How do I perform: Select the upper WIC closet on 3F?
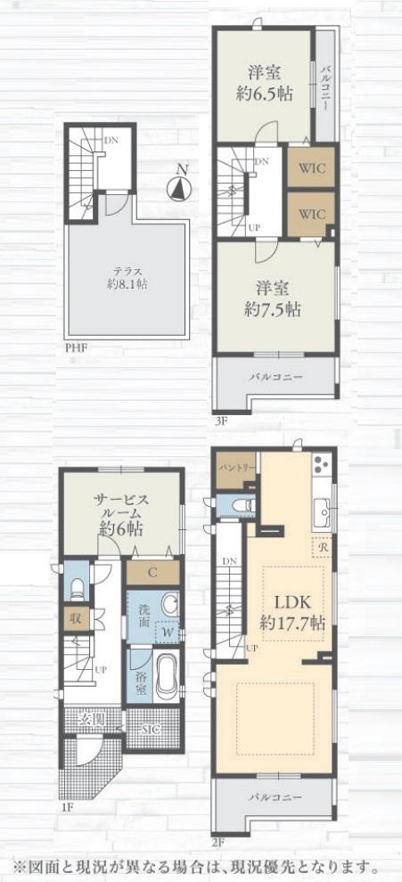tap(311, 168)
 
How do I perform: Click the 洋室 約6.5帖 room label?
tap(265, 83)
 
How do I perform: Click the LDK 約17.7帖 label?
tap(292, 612)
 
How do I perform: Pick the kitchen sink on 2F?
tap(324, 512)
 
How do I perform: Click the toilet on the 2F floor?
tap(243, 506)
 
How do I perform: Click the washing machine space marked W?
tap(168, 631)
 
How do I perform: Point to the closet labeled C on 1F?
tap(152, 574)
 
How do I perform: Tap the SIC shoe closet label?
tap(151, 730)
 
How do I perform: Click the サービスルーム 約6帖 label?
tap(120, 514)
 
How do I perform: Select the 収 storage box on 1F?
tap(75, 619)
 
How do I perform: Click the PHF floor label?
tap(76, 347)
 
